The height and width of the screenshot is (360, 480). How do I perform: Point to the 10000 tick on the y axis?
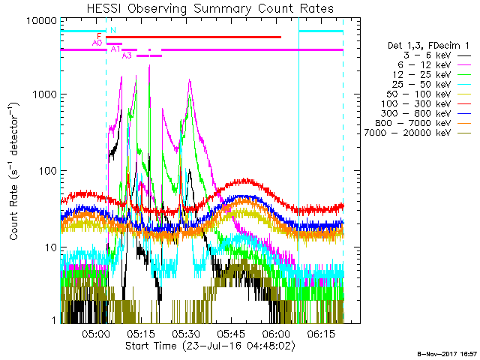tap(40, 21)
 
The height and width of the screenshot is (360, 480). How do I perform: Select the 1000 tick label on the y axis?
tap(42, 95)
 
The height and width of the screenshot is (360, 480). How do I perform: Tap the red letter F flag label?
tap(99, 36)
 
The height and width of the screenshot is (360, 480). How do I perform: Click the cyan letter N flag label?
tap(112, 30)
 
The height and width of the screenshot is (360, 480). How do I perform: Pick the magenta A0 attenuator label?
tap(97, 43)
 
